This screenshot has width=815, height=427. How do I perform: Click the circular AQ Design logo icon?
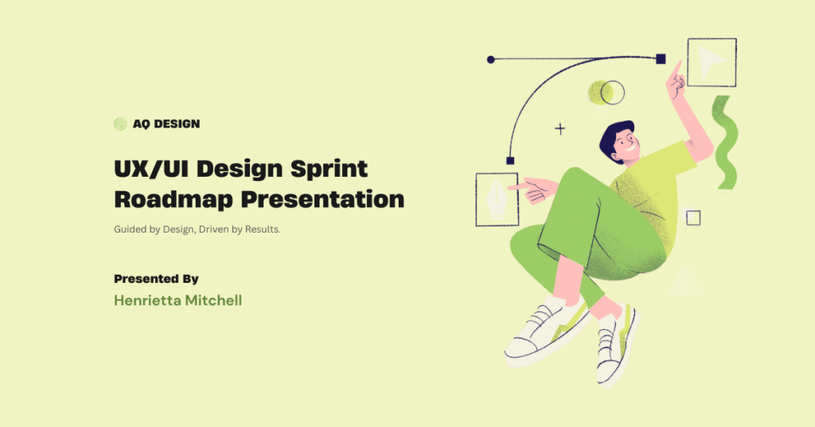pyautogui.click(x=120, y=123)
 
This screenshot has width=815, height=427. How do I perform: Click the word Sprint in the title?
pyautogui.click(x=329, y=169)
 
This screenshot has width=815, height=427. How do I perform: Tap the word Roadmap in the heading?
pyautogui.click(x=173, y=200)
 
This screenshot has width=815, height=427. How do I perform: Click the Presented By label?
pyautogui.click(x=156, y=279)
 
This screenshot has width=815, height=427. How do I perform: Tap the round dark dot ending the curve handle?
pyautogui.click(x=490, y=60)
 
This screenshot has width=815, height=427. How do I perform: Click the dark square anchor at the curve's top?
pyautogui.click(x=661, y=59)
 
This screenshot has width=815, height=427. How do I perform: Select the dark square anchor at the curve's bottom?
pyautogui.click(x=510, y=161)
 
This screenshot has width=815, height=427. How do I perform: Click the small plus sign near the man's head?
pyautogui.click(x=560, y=128)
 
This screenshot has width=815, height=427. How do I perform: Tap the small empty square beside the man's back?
pyautogui.click(x=693, y=217)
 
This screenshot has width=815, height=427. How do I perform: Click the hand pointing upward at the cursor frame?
pyautogui.click(x=676, y=80)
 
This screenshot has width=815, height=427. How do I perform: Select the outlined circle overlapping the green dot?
pyautogui.click(x=612, y=92)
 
